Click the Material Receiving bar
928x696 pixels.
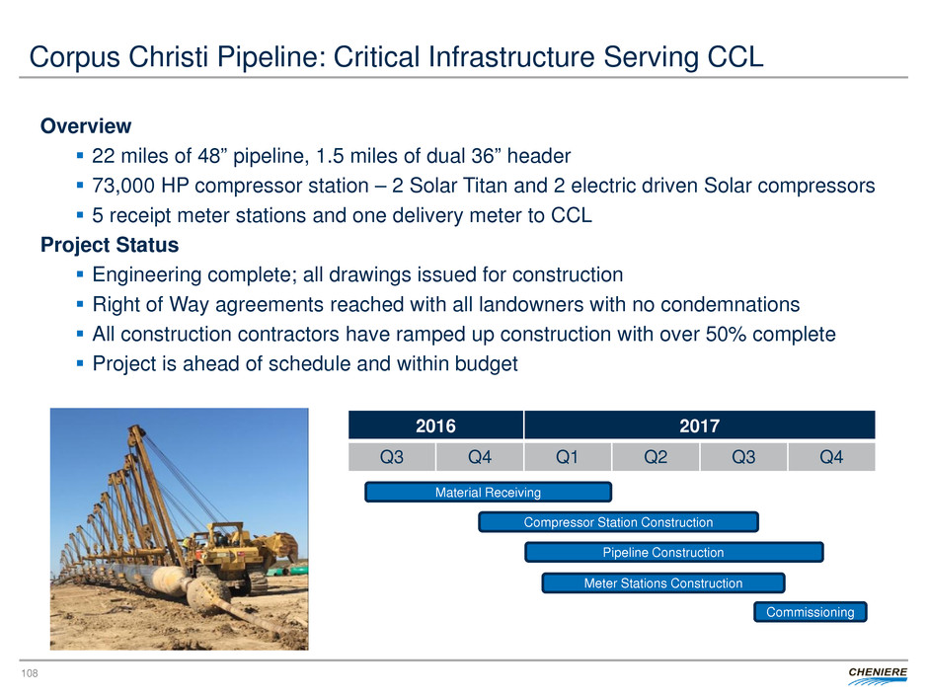(489, 492)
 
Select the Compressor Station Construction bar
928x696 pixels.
(618, 522)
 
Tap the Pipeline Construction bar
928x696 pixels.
(674, 552)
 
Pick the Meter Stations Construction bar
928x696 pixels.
(663, 582)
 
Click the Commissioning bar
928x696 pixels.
(811, 612)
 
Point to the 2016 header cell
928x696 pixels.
(435, 425)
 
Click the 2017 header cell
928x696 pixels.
(700, 425)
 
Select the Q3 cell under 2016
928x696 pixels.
(392, 457)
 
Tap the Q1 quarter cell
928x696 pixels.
(567, 457)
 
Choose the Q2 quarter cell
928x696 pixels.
(656, 457)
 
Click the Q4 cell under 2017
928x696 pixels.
(831, 457)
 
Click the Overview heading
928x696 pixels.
(86, 126)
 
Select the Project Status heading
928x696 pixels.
(110, 245)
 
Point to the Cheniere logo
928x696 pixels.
(877, 675)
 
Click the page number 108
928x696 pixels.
(30, 673)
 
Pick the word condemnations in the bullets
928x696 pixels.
(730, 304)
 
